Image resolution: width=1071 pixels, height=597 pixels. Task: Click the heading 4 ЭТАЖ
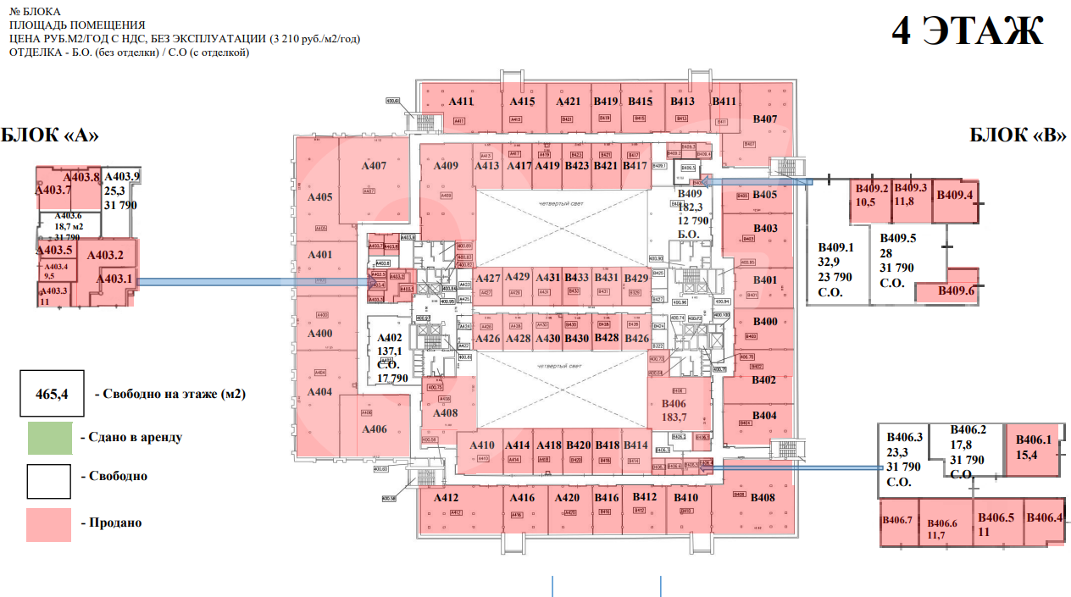click(968, 31)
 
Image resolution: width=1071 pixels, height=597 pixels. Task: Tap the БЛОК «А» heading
click(50, 135)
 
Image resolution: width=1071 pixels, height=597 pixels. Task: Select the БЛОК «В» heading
click(1017, 135)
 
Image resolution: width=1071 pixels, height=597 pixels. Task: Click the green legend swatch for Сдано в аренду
click(50, 437)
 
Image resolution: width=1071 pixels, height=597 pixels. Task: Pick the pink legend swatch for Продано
click(50, 523)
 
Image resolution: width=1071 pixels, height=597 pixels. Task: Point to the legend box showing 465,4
click(51, 394)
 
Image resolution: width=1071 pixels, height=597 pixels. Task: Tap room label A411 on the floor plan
click(461, 102)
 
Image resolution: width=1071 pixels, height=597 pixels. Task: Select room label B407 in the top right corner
click(764, 119)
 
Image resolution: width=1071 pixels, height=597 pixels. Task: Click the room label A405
click(320, 197)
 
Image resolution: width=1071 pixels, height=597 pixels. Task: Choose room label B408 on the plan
click(763, 498)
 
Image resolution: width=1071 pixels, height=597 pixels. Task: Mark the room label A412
click(446, 498)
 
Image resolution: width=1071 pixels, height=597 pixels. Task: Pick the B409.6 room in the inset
click(957, 290)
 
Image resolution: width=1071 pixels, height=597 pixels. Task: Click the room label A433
click(576, 278)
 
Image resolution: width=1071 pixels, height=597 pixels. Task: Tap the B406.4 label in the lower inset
click(1043, 518)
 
